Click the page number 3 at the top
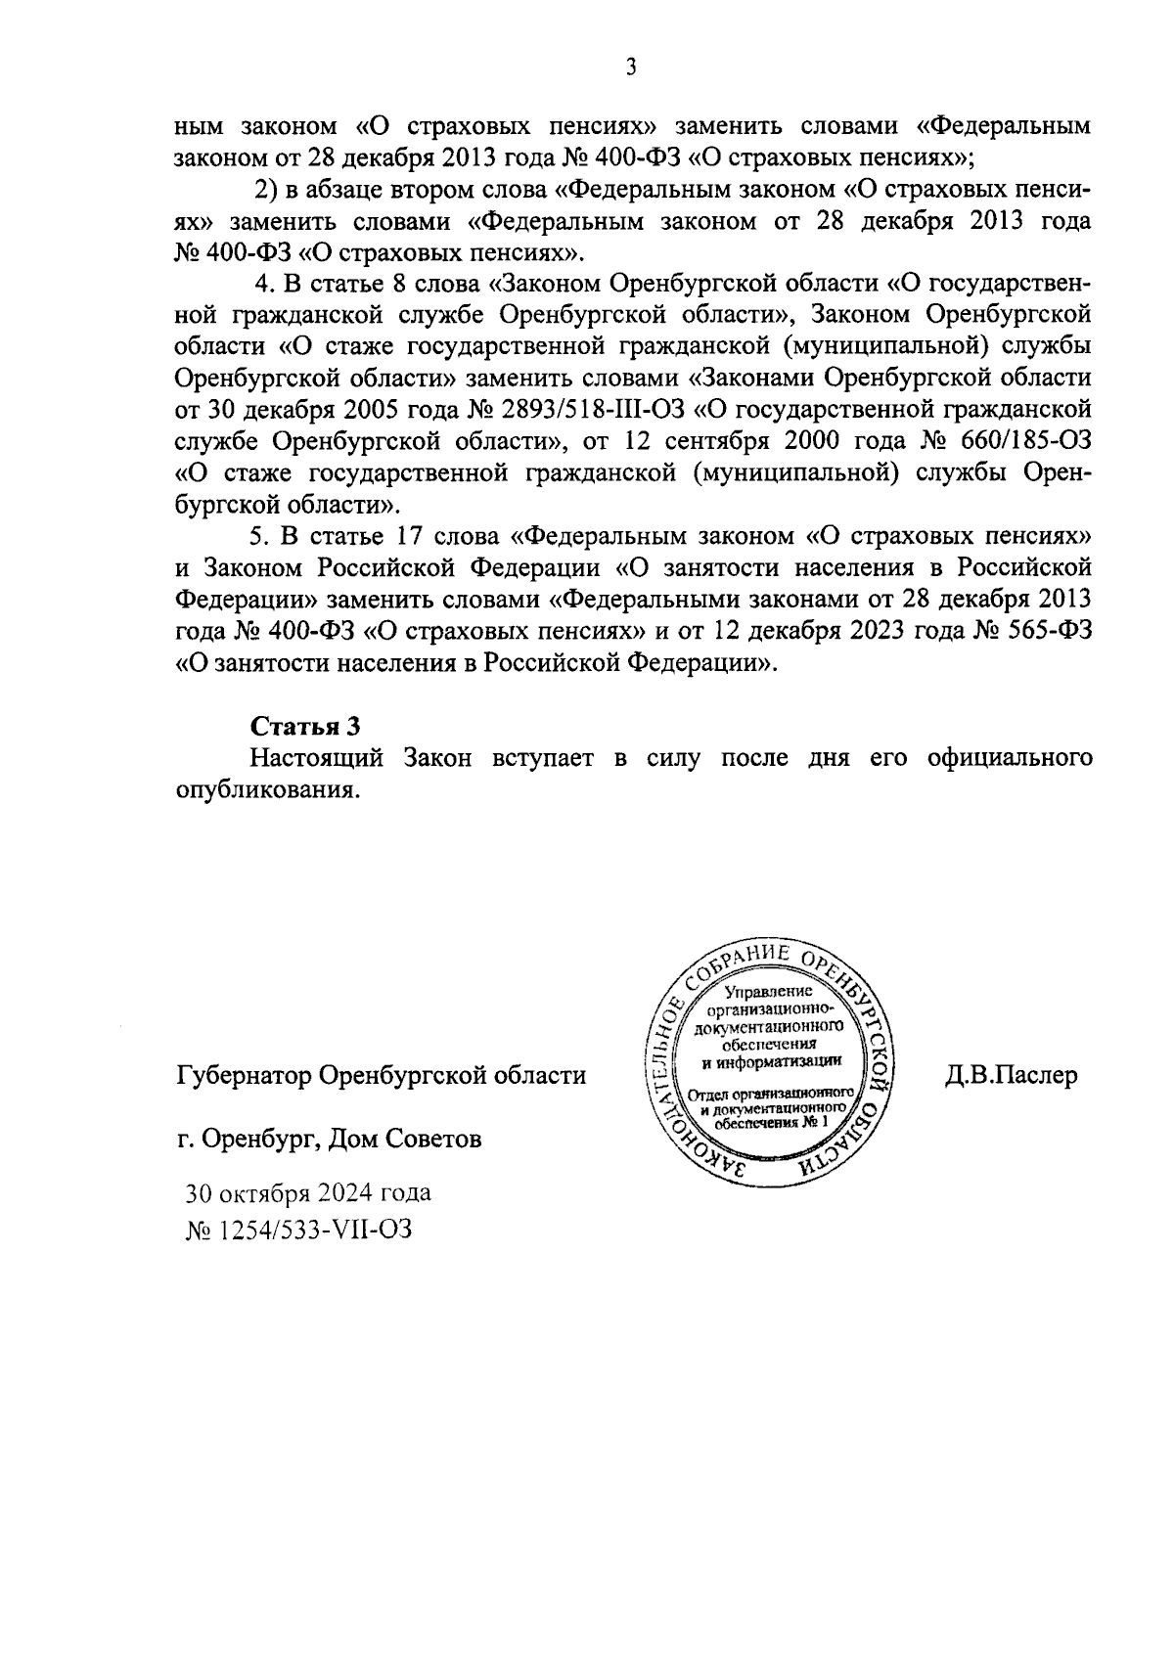tap(631, 67)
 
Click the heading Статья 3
tap(306, 725)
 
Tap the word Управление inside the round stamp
tap(770, 993)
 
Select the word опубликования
tap(263, 790)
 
